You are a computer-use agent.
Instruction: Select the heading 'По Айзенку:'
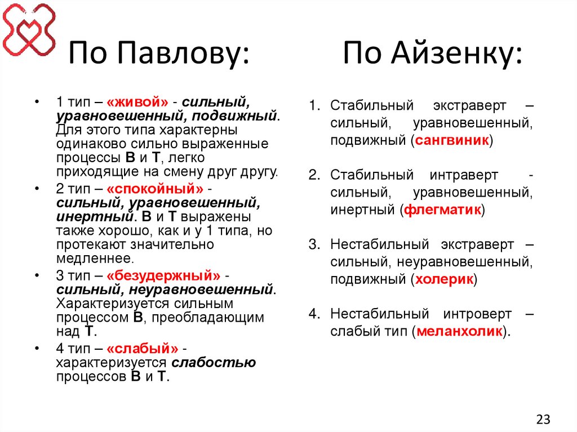point(433,56)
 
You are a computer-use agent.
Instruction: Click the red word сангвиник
point(451,140)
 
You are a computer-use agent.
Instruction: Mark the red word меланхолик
point(459,331)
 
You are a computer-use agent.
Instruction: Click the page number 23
point(543,419)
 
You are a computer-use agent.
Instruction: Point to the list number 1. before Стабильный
point(314,106)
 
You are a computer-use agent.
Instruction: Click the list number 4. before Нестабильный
point(314,314)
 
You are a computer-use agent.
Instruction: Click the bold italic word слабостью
point(214,363)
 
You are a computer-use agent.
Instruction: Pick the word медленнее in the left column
point(95,259)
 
